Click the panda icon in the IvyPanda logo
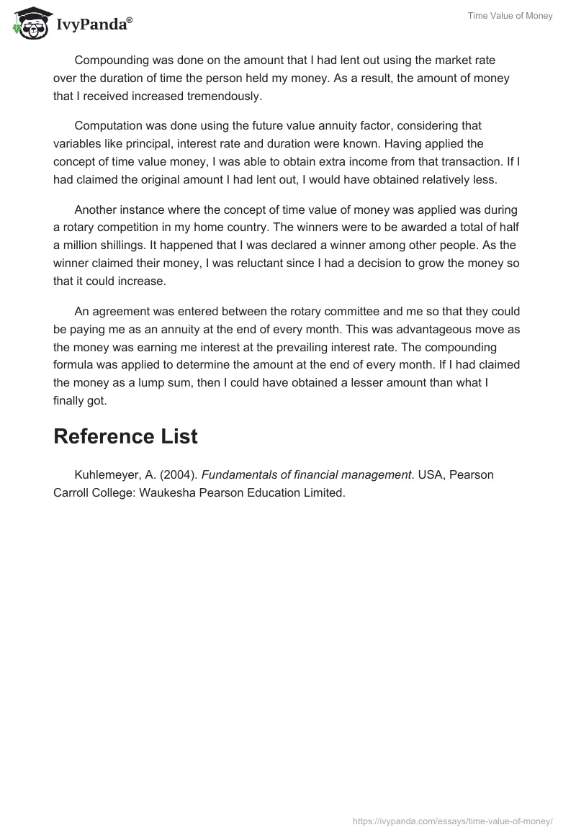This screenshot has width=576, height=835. coord(29,23)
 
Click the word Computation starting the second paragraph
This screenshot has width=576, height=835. coord(109,126)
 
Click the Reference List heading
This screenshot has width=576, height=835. coord(125,436)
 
